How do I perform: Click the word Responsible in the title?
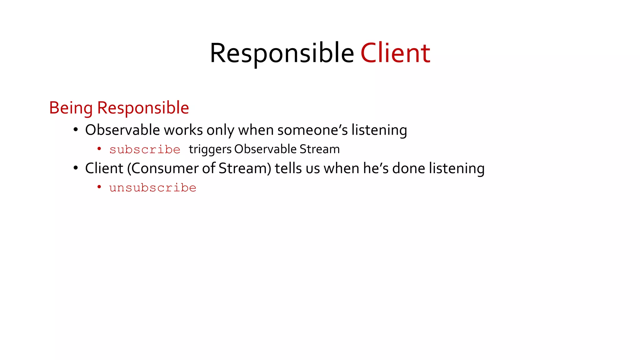pos(282,53)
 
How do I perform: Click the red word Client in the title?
pos(395,53)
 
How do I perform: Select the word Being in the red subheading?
pos(71,108)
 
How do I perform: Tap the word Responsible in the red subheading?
pos(143,108)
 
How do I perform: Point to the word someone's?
pos(312,130)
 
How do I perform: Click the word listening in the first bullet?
pos(379,130)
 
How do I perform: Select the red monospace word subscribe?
pos(145,150)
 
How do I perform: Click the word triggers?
pos(210,149)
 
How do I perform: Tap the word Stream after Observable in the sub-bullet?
pos(319,149)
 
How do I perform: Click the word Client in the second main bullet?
pos(104,168)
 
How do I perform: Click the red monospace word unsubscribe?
pos(152,188)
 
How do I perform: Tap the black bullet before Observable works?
pos(76,130)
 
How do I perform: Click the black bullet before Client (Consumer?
pos(76,168)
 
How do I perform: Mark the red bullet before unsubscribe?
pos(99,187)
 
